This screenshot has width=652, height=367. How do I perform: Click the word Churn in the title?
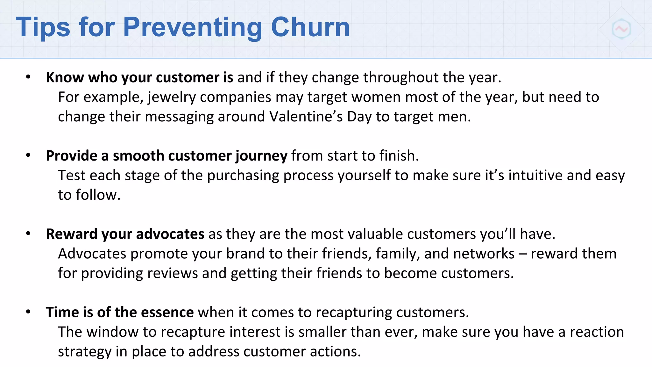pyautogui.click(x=310, y=27)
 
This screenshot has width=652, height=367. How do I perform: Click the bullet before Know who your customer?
pyautogui.click(x=28, y=77)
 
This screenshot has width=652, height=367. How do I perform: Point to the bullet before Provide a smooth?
pyautogui.click(x=28, y=155)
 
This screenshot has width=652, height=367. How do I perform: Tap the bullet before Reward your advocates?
pyautogui.click(x=28, y=234)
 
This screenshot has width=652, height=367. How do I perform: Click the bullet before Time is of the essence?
pyautogui.click(x=28, y=312)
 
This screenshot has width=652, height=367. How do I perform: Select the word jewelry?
pyautogui.click(x=172, y=97)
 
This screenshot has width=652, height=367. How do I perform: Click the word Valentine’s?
pyautogui.click(x=306, y=117)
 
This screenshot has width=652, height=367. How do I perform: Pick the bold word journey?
pyautogui.click(x=261, y=156)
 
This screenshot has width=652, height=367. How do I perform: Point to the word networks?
pyautogui.click(x=484, y=254)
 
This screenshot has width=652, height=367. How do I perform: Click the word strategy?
pyautogui.click(x=84, y=352)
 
